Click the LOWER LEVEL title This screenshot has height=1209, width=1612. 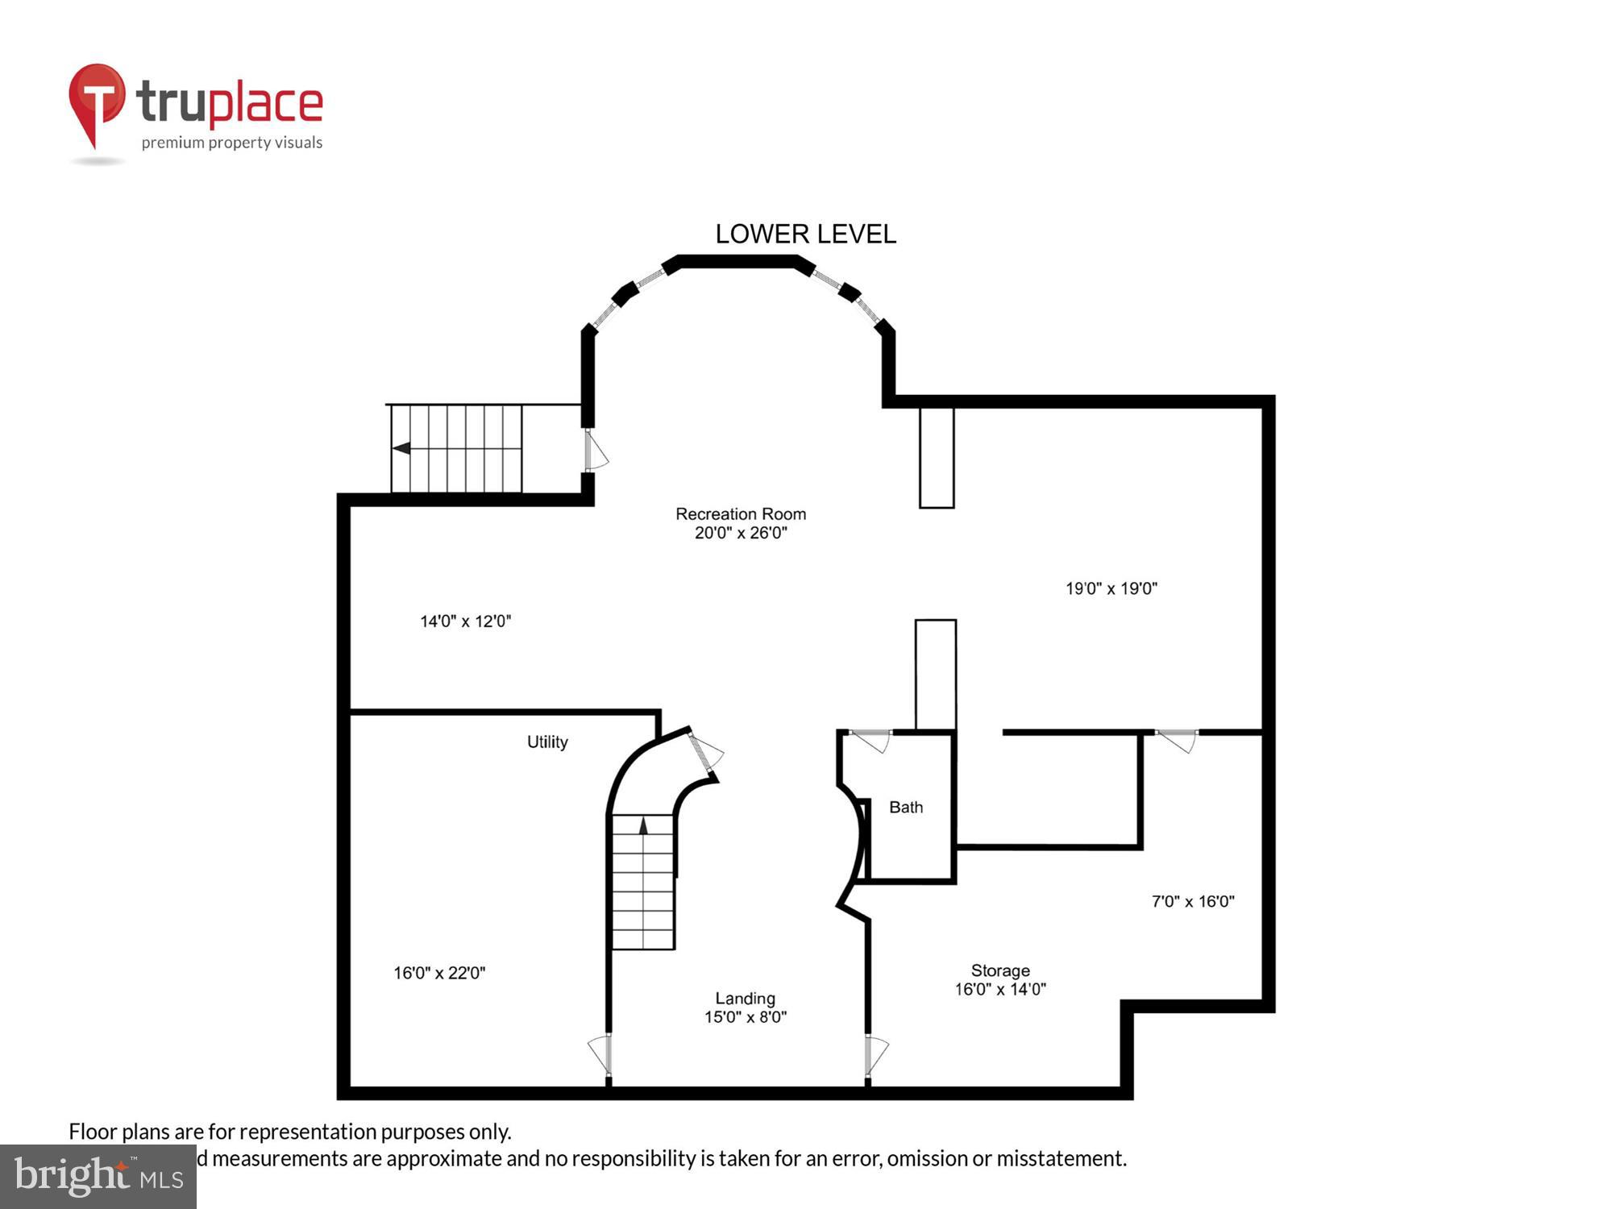tap(805, 234)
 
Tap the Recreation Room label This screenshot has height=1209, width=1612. tap(740, 513)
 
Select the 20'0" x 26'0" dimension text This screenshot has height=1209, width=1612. tap(740, 533)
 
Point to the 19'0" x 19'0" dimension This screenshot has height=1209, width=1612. tap(1111, 588)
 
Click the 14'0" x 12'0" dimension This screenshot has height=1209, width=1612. tap(465, 621)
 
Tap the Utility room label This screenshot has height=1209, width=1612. tap(547, 742)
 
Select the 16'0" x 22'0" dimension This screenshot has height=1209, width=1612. tap(438, 973)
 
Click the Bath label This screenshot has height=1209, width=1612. tap(905, 807)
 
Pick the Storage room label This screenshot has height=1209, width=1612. tap(999, 970)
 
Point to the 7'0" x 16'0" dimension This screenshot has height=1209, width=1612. tap(1192, 901)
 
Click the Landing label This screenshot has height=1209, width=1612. tap(745, 998)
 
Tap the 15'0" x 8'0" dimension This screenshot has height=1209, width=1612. tap(745, 1017)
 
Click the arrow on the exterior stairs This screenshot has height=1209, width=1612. tap(401, 448)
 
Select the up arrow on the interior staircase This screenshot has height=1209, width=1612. tap(642, 825)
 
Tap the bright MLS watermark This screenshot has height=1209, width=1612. tap(98, 1177)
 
